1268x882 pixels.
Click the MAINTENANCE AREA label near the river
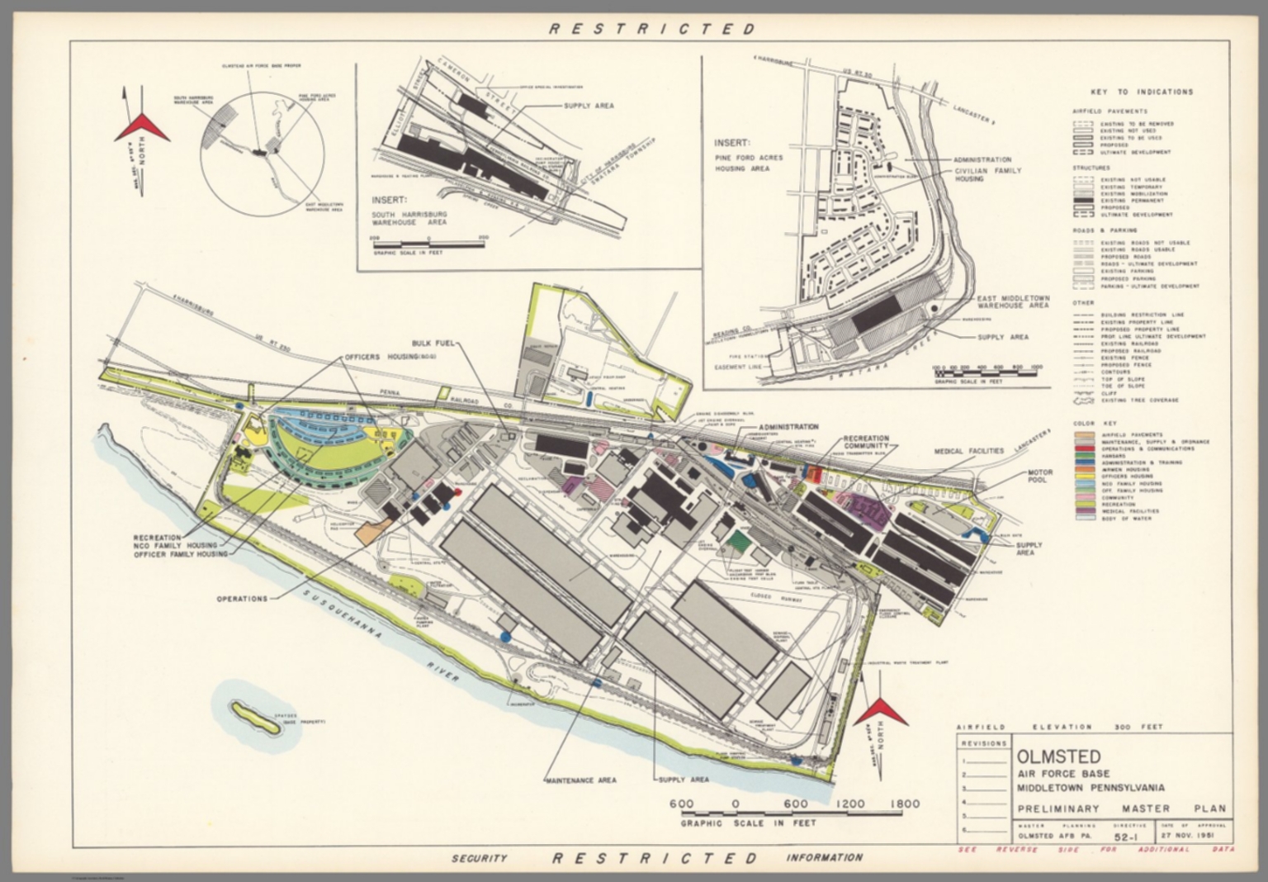(580, 780)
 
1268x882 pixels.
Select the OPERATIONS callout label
(243, 599)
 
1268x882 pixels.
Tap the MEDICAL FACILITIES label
(969, 451)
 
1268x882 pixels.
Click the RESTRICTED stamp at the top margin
(652, 29)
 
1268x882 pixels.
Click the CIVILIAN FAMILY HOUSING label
(987, 174)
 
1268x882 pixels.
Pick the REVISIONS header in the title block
(984, 743)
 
